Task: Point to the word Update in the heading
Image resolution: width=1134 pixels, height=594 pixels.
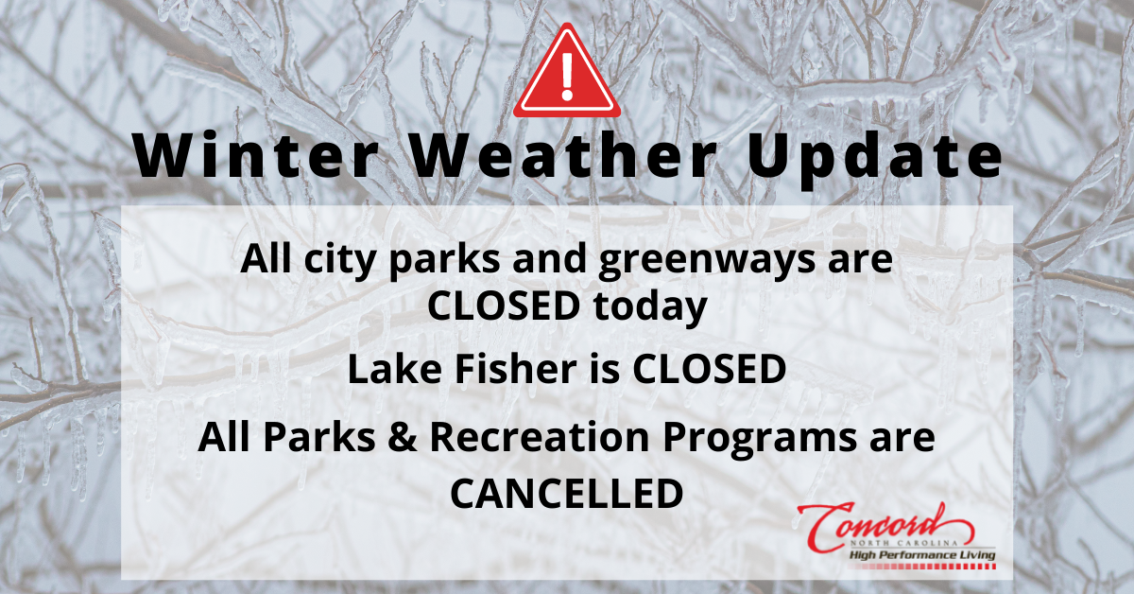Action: click(x=873, y=158)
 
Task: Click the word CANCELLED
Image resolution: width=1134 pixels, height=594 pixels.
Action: click(x=566, y=493)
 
